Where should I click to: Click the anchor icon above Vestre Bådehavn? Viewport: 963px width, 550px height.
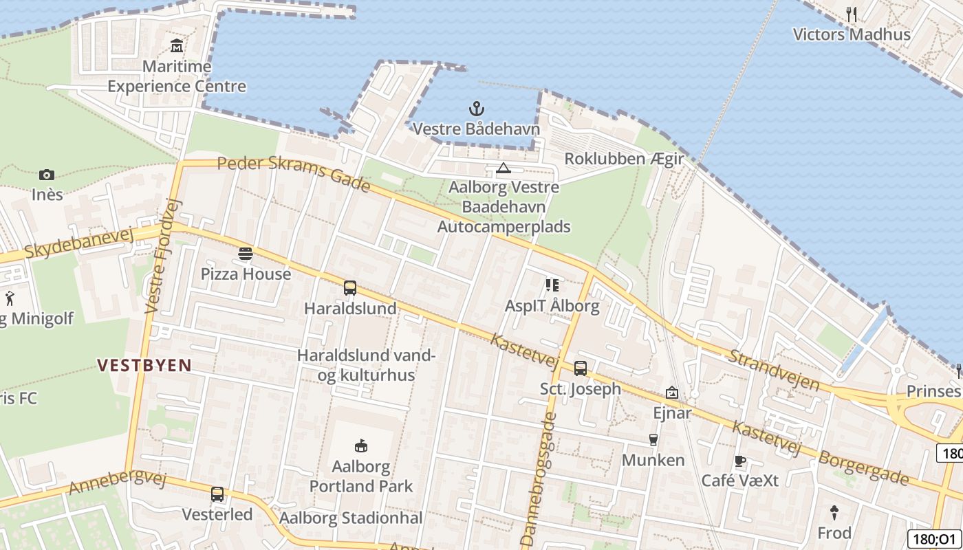tap(476, 109)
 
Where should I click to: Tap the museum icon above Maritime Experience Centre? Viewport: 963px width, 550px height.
tap(177, 47)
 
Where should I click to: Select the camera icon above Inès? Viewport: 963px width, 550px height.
tap(47, 175)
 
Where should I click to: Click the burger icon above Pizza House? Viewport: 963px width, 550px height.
tap(246, 254)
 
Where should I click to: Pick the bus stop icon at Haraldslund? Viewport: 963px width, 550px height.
tap(350, 288)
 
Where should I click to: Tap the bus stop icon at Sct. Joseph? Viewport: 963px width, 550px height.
tap(581, 368)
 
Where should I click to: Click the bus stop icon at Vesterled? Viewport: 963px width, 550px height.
tap(217, 494)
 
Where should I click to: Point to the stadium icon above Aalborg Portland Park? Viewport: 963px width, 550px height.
tap(360, 446)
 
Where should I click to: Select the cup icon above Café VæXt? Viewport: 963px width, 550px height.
tap(740, 461)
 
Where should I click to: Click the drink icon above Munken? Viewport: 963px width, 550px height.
tap(653, 440)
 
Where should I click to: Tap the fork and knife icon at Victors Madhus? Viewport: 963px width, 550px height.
tap(852, 14)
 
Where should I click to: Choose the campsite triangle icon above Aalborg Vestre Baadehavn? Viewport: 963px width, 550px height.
tap(504, 168)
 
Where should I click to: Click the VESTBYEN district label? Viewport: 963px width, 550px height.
tap(144, 365)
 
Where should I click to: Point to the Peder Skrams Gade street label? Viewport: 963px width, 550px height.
tap(294, 174)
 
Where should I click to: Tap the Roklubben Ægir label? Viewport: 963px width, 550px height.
tap(624, 159)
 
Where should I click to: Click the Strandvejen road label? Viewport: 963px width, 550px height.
tap(774, 369)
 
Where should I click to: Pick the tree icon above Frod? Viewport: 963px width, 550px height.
tap(834, 512)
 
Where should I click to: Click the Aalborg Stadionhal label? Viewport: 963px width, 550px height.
tap(351, 518)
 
